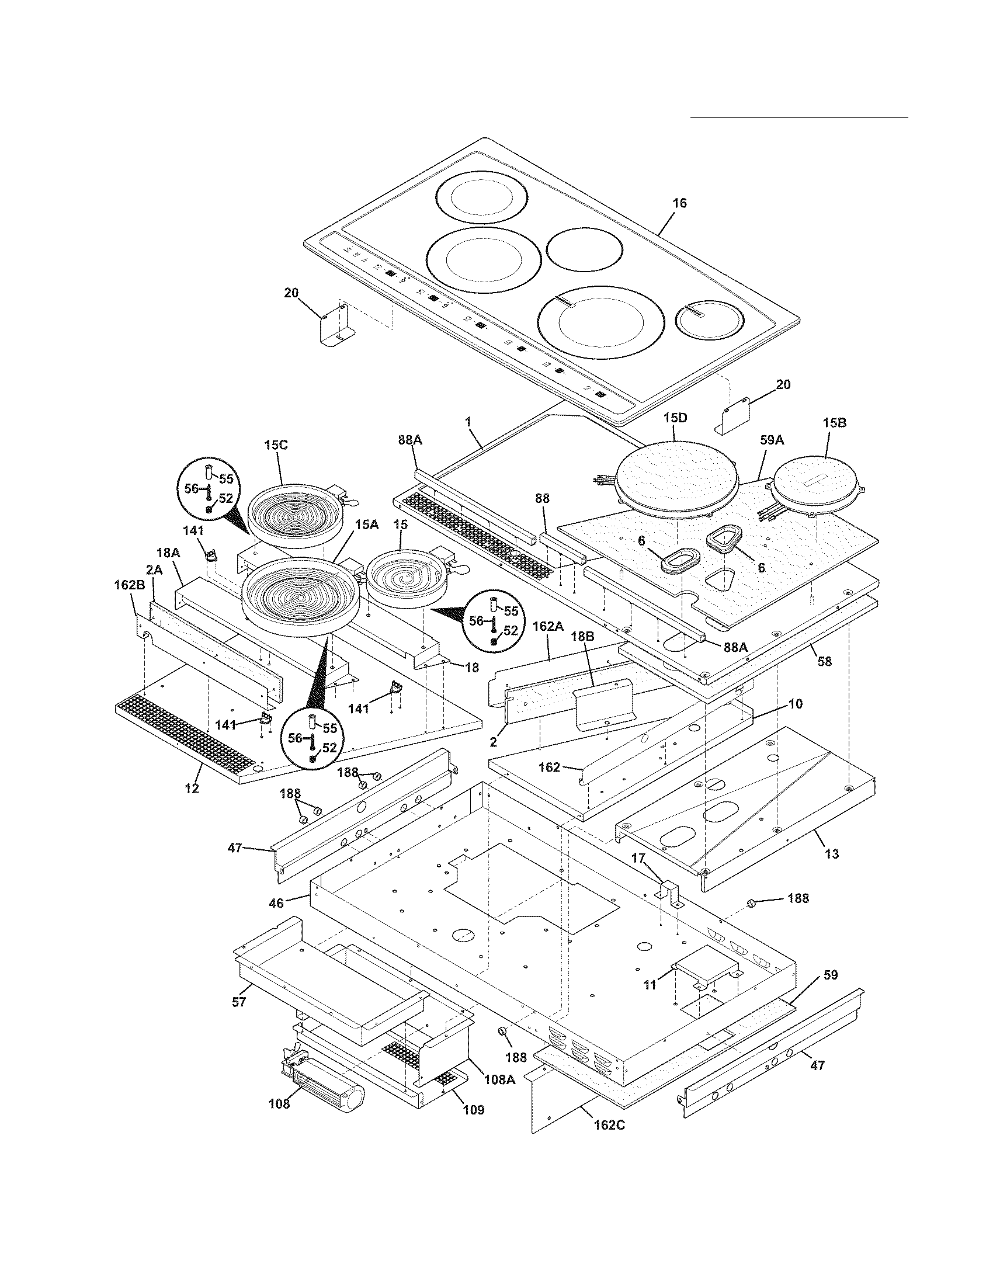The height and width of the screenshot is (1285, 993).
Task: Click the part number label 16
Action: click(679, 203)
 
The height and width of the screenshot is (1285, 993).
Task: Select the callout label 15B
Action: click(834, 422)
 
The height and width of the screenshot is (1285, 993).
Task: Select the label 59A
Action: click(772, 440)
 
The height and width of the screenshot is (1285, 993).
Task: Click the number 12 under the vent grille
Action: click(192, 789)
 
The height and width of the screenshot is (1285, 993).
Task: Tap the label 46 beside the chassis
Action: click(276, 902)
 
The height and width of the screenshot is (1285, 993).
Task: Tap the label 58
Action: click(825, 661)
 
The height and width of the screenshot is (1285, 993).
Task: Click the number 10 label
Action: click(796, 704)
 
